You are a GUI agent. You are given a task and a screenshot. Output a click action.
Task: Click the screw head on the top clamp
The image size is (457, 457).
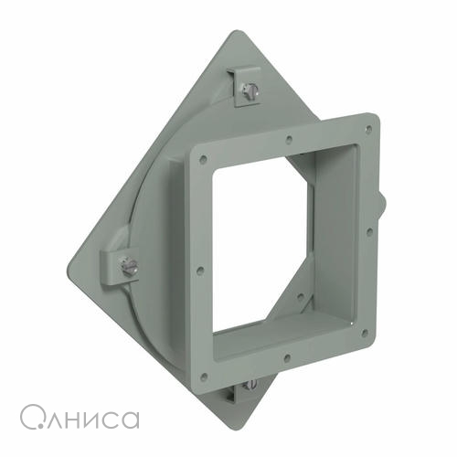(x=250, y=90)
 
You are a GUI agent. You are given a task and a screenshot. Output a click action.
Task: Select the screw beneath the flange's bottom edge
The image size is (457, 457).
(x=250, y=385)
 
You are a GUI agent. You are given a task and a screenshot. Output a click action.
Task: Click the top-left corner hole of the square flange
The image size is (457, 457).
(x=204, y=158)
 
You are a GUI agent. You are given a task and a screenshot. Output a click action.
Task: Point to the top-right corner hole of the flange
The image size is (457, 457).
(x=369, y=128)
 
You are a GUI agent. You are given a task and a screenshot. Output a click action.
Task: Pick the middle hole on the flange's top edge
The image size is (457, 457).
(x=289, y=140)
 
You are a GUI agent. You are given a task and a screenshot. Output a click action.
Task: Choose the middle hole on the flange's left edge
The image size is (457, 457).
(x=200, y=270)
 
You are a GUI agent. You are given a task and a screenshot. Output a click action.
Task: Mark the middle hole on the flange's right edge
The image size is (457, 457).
(x=369, y=232)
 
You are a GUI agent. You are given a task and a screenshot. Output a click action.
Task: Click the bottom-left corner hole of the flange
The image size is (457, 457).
(x=205, y=377)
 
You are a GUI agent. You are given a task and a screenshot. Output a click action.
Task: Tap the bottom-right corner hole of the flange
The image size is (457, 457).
(x=365, y=334)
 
